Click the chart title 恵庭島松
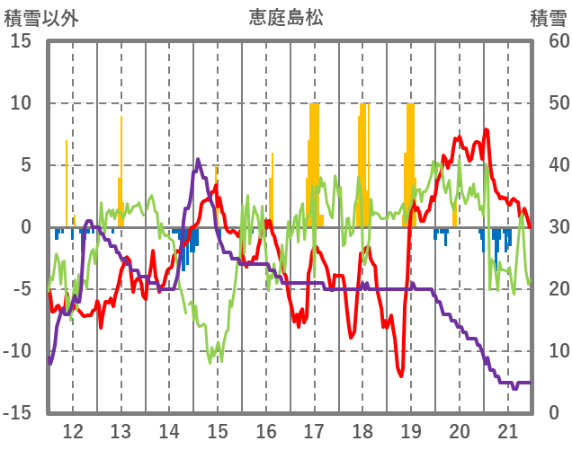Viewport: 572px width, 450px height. click(x=285, y=18)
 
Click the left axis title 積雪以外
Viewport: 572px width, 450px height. click(x=40, y=18)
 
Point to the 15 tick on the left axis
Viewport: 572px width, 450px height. click(x=21, y=41)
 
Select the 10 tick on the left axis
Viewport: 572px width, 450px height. click(x=21, y=103)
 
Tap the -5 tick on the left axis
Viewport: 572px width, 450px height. click(x=21, y=289)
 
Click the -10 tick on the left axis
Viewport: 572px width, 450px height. click(x=17, y=351)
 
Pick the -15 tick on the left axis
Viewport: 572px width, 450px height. click(x=17, y=413)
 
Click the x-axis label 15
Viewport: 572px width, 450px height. click(x=218, y=430)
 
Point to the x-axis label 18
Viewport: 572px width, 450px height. click(x=362, y=430)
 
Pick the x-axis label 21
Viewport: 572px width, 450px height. click(x=507, y=430)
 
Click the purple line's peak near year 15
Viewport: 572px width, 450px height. click(x=198, y=160)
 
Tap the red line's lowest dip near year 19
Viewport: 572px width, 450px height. click(x=401, y=375)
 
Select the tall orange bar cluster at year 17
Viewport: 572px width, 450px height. click(x=314, y=162)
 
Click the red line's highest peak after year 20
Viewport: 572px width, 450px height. click(x=486, y=129)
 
